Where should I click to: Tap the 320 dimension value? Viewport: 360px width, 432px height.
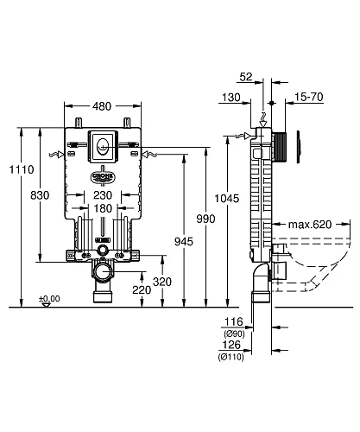(x=161, y=281)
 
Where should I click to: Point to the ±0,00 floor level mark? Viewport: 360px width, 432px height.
(x=49, y=299)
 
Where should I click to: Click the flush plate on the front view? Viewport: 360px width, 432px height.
(x=103, y=143)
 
